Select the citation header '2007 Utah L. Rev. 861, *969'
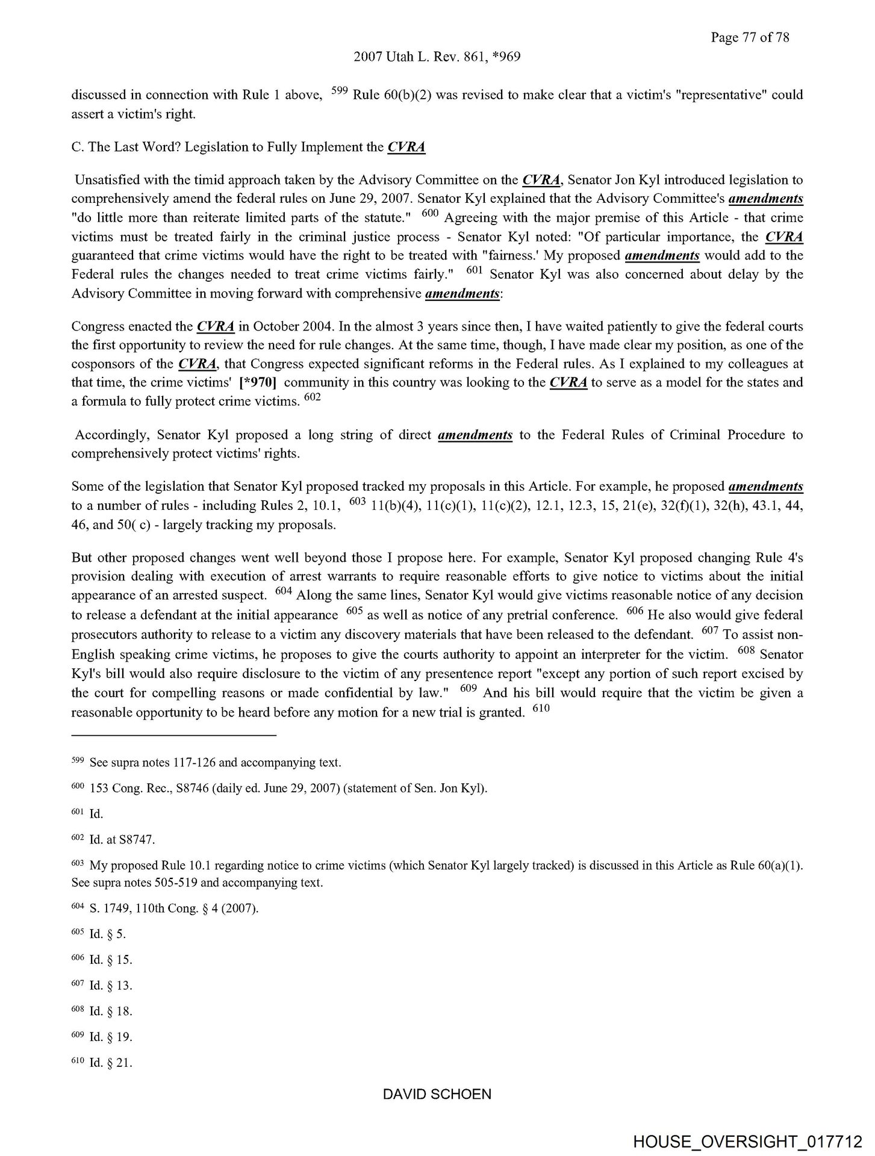(437, 57)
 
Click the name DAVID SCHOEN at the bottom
(437, 1095)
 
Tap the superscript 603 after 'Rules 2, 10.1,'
(358, 502)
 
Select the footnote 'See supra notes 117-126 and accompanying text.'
(215, 763)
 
